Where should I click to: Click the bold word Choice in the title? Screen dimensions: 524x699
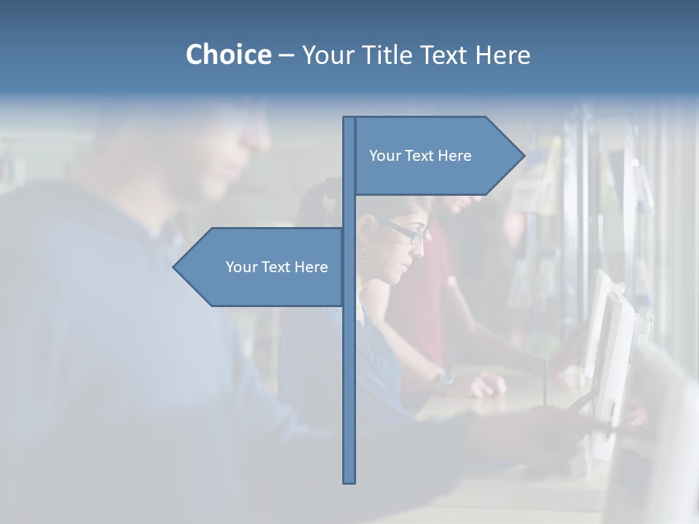(x=228, y=55)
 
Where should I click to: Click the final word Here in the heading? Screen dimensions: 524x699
(x=502, y=55)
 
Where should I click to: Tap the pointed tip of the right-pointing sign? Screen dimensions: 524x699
(x=523, y=155)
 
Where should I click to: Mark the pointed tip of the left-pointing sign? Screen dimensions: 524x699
(x=175, y=267)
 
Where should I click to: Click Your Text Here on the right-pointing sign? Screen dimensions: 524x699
(x=420, y=156)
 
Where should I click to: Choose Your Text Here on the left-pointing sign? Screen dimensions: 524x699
(x=277, y=267)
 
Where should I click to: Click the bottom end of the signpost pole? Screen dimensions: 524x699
(x=349, y=480)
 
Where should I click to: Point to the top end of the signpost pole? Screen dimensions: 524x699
(x=349, y=119)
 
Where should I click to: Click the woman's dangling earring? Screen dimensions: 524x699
(x=364, y=260)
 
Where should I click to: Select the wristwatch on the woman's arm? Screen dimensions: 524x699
(x=443, y=378)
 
